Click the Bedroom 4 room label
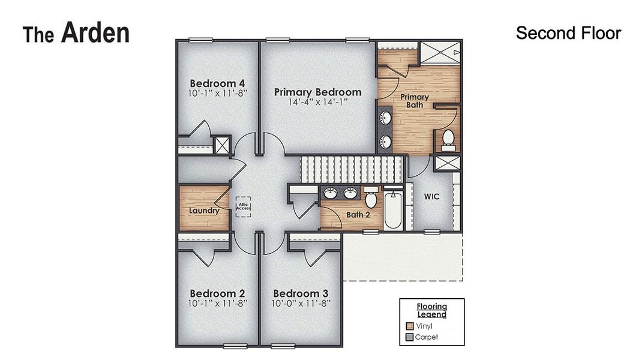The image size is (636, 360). point(217,83)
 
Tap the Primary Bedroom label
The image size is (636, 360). point(317,92)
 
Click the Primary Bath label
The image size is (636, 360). point(415,101)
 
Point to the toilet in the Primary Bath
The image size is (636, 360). point(448,139)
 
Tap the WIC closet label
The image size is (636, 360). point(432,196)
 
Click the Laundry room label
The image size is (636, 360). point(204,211)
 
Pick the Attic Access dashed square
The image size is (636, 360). point(244,207)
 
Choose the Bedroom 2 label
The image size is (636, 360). point(217,293)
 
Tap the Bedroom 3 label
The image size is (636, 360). point(301,293)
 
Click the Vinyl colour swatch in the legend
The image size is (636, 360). point(410,326)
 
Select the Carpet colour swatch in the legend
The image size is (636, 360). point(410,337)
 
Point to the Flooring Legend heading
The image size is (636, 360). point(432,310)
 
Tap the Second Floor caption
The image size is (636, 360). point(568,33)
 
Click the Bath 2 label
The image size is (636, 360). point(358,215)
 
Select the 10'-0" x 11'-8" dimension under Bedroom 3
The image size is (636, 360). point(301,304)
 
